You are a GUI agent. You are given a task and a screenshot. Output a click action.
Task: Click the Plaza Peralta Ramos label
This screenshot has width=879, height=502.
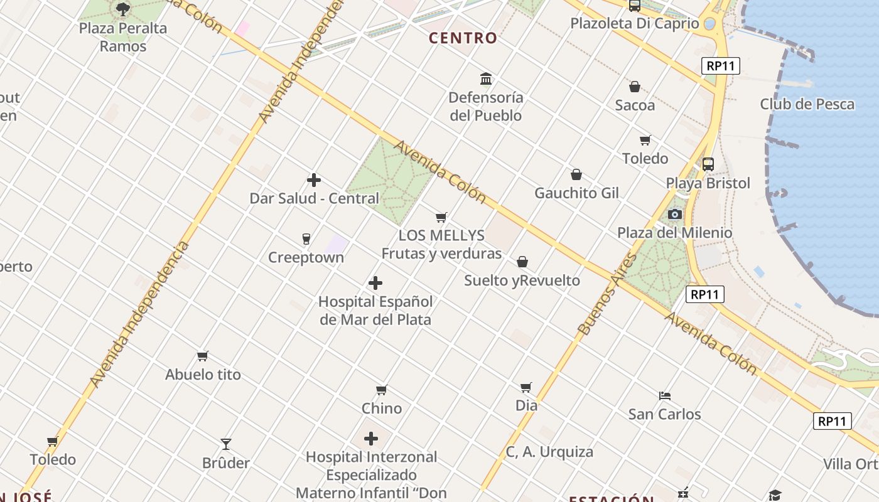[x=123, y=37]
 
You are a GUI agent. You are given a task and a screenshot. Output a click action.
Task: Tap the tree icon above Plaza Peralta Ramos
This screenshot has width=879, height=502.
[x=123, y=9]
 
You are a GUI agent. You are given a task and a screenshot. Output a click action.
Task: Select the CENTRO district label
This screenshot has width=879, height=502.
[x=463, y=38]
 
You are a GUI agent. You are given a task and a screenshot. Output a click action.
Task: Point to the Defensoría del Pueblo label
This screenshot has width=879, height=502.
[x=486, y=107]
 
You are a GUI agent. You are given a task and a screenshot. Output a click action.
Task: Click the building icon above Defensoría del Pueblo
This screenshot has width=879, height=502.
[x=486, y=79]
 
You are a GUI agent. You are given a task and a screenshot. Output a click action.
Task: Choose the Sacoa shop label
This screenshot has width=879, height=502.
[x=635, y=105]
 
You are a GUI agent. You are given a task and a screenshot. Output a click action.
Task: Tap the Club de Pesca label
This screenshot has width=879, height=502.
[x=807, y=104]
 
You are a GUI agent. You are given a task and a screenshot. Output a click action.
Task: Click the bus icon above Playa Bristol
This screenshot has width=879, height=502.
[x=708, y=164]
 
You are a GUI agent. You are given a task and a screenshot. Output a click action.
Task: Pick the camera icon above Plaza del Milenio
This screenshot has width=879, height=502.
[x=675, y=215]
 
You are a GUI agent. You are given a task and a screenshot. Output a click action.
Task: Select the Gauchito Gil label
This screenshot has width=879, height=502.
[x=576, y=193]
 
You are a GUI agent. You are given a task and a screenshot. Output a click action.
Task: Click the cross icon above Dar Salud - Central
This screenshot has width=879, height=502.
[x=314, y=181]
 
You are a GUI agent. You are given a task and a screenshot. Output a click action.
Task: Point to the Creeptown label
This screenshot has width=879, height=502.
[x=306, y=258]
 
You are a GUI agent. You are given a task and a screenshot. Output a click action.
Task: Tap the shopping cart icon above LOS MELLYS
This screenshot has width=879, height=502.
[x=441, y=218]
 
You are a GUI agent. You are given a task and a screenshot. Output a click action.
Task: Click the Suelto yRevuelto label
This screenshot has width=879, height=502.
[x=522, y=280]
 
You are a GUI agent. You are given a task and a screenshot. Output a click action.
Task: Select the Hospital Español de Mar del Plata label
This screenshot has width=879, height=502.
[x=375, y=311]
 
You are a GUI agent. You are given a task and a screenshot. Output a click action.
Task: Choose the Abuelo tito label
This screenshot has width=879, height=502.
[x=203, y=375]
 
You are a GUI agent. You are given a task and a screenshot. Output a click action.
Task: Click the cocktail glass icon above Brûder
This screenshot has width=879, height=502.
[x=226, y=444]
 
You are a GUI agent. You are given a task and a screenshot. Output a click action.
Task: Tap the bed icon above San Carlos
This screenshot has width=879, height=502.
[x=665, y=396]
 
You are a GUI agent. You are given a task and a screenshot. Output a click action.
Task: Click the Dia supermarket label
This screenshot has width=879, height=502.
[x=526, y=405]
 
